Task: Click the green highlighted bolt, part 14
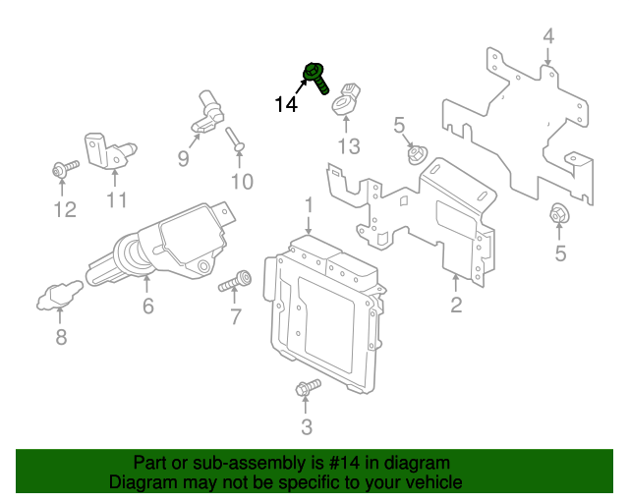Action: (315, 78)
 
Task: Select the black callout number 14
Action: (286, 105)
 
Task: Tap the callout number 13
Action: (349, 146)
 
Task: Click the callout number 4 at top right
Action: (548, 36)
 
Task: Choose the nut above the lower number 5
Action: (559, 214)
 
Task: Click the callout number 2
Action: (456, 305)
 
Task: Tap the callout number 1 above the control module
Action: (309, 204)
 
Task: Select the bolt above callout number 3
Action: (308, 387)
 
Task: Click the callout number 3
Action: (307, 427)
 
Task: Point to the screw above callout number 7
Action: (235, 281)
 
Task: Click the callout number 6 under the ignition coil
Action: (148, 307)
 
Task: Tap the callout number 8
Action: (61, 337)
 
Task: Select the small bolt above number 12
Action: (66, 168)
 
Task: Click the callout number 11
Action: (117, 199)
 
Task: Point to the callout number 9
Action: (184, 159)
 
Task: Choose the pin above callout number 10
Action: (235, 140)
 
